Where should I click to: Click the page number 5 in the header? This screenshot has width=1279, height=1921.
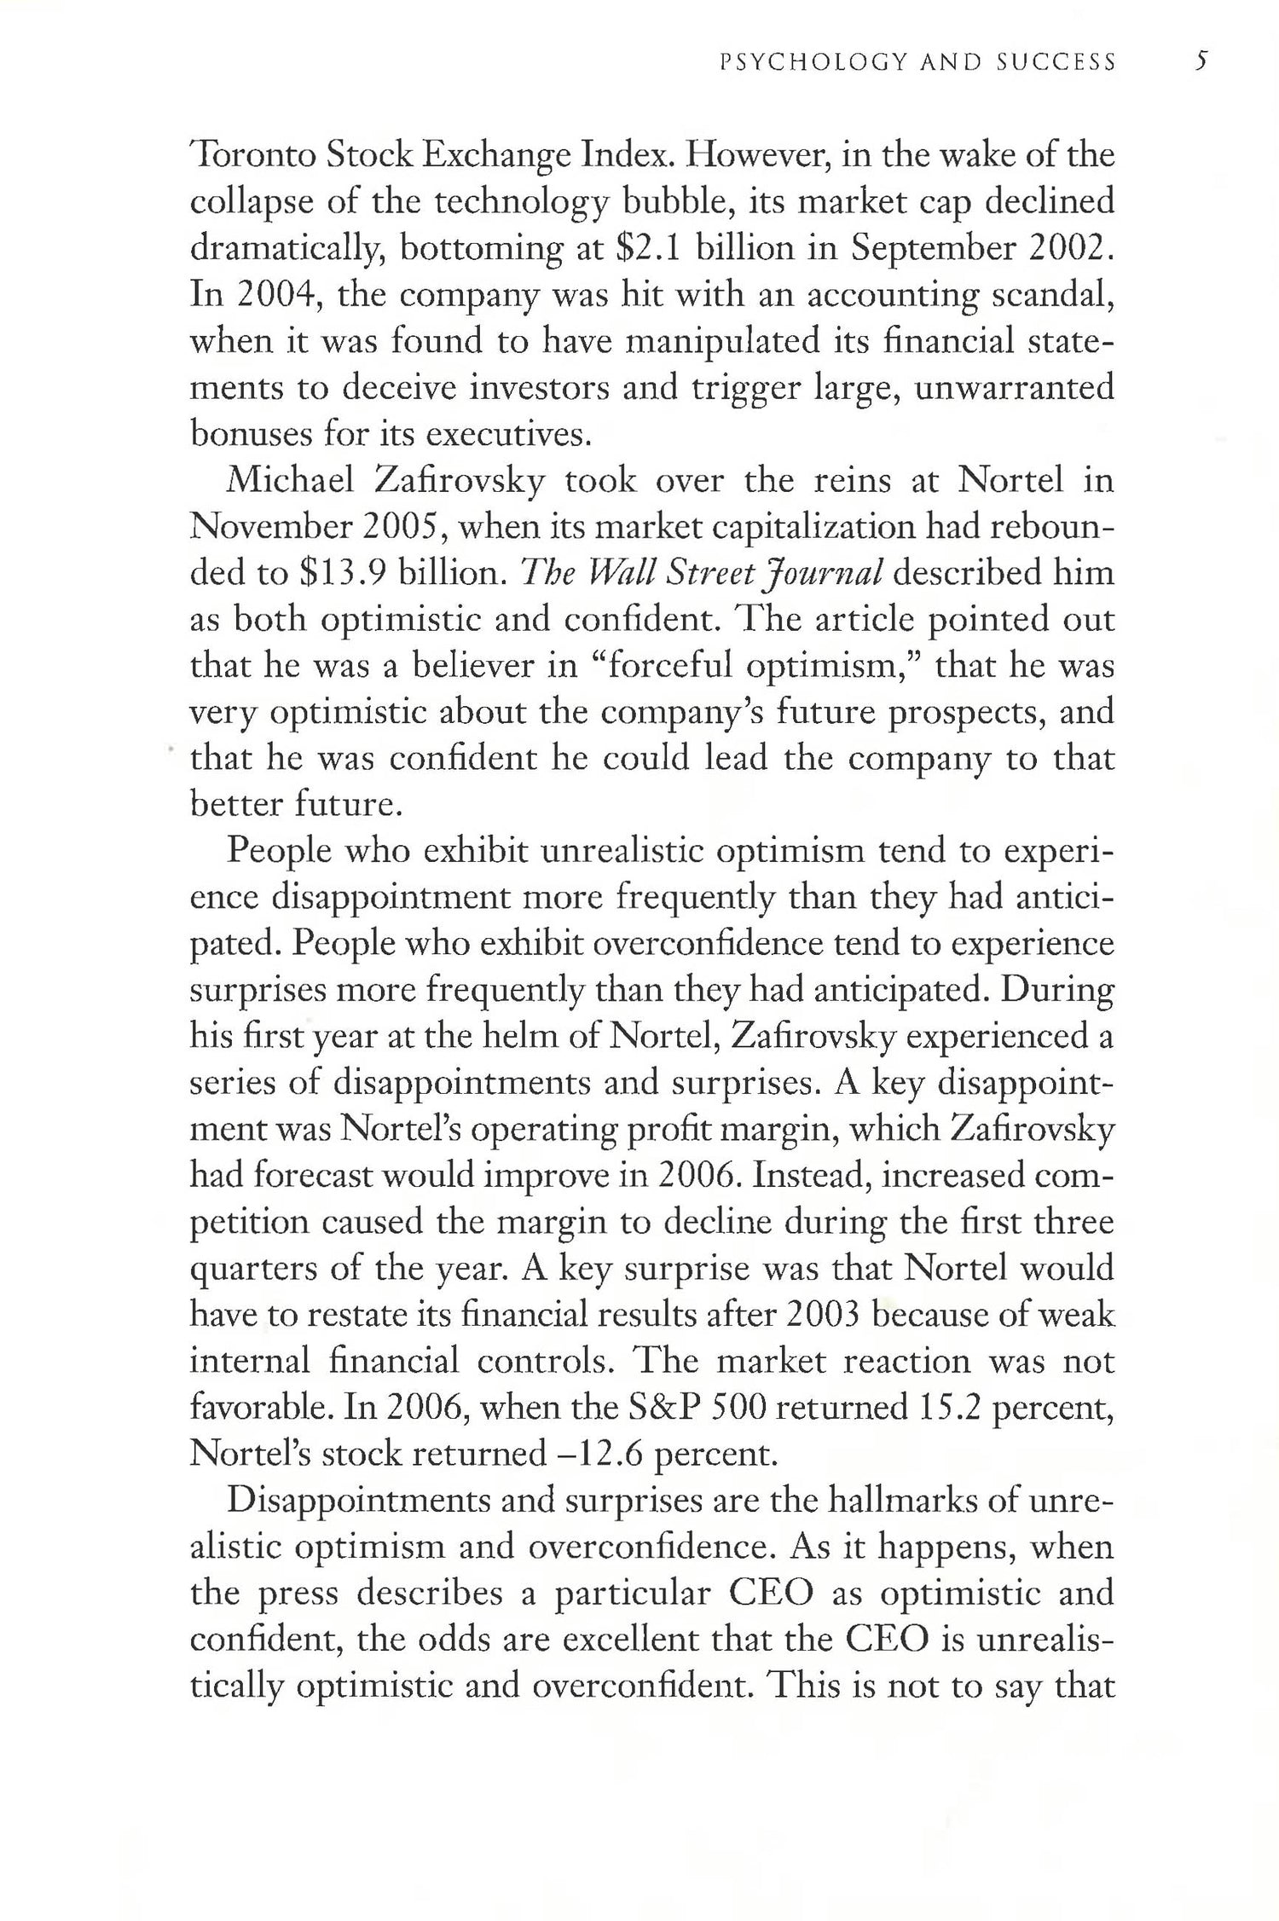[1200, 61]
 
